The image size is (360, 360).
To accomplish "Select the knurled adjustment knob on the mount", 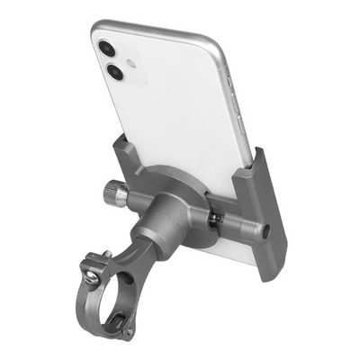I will click(x=114, y=192).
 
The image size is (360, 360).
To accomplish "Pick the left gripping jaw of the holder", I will click(x=127, y=157).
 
